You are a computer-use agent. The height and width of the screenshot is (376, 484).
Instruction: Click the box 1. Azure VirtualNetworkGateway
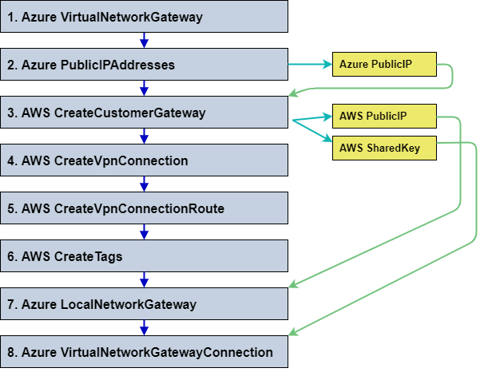point(144,17)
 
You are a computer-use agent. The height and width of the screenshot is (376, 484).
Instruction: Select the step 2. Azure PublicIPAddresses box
point(144,65)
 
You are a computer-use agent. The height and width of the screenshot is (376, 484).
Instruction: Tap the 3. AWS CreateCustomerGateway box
point(144,113)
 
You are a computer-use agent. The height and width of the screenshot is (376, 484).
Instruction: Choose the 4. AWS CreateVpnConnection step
point(144,160)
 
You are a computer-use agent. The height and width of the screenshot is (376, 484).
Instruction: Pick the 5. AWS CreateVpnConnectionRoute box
point(144,208)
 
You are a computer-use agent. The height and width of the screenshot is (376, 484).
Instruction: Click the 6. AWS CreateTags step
point(144,256)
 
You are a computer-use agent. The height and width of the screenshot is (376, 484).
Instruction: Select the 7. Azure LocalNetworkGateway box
point(144,304)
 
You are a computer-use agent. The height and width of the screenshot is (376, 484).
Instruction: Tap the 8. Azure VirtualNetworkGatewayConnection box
point(144,352)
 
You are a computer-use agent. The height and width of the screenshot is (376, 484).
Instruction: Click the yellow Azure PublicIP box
point(384,64)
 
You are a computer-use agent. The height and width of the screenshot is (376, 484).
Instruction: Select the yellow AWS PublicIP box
point(384,117)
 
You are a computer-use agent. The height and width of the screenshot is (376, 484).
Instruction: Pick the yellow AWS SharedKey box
point(384,148)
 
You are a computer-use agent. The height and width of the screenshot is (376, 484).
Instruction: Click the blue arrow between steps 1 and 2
point(144,41)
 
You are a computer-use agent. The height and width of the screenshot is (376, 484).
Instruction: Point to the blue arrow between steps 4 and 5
point(144,184)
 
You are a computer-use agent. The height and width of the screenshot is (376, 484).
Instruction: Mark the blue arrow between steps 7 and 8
point(144,328)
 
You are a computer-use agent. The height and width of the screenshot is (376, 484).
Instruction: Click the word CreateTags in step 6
point(88,256)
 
